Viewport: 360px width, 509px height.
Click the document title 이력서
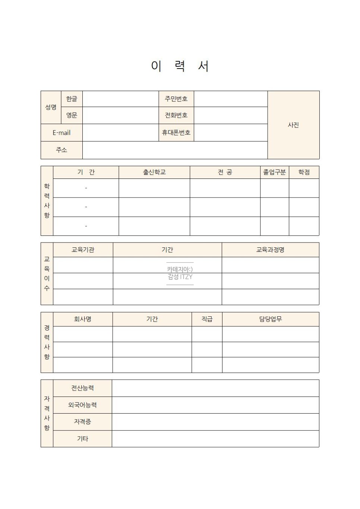tap(180, 66)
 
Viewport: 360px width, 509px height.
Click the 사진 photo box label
tap(293, 125)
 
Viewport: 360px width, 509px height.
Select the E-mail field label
tap(61, 133)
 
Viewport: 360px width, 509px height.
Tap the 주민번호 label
tap(176, 99)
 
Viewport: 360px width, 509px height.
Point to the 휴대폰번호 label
tap(176, 133)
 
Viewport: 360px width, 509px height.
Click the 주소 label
tap(61, 150)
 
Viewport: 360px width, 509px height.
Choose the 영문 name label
tap(72, 116)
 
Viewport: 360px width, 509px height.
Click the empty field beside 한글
tap(120, 99)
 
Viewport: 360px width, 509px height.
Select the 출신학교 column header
tap(154, 172)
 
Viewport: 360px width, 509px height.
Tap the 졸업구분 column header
tap(274, 172)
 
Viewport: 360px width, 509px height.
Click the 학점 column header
tap(304, 172)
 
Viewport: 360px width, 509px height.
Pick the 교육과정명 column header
tap(270, 250)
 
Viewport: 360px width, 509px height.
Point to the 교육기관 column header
tap(83, 250)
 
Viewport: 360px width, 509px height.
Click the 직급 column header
tap(207, 319)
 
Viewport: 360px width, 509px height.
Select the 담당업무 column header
tap(271, 319)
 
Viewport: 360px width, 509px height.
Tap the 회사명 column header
tap(83, 319)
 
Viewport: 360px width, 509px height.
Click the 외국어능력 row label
tap(82, 405)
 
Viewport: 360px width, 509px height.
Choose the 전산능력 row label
tap(82, 388)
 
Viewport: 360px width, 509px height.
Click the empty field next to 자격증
tap(215, 422)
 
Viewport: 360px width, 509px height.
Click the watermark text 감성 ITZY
tap(180, 277)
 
